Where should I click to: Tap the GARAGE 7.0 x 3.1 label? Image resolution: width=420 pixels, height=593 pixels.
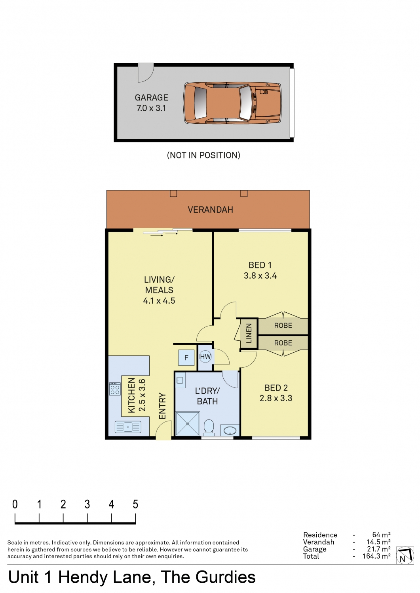[151, 103]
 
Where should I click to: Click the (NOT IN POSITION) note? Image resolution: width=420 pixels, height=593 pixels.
[203, 155]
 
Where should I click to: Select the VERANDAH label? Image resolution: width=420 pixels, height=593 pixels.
[210, 210]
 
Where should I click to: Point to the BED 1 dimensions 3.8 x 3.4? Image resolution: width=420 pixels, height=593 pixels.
[260, 276]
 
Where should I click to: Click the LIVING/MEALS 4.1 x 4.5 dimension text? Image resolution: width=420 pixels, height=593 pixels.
[159, 301]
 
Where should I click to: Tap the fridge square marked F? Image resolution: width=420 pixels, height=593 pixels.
[186, 358]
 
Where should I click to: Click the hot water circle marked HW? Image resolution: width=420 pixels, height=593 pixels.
[205, 357]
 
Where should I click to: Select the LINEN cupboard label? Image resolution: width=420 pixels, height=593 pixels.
[249, 333]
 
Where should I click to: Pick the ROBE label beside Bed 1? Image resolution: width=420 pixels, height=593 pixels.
[283, 325]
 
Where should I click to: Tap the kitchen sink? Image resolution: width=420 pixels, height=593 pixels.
[128, 427]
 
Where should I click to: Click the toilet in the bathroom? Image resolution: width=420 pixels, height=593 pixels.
[209, 427]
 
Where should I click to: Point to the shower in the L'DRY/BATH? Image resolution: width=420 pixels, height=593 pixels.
[188, 423]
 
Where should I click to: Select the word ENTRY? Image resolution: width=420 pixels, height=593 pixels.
[162, 406]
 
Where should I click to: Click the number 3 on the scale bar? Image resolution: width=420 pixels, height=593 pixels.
[87, 504]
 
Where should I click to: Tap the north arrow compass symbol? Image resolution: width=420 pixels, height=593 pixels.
[405, 555]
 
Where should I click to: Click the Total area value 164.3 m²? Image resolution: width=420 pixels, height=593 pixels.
[376, 556]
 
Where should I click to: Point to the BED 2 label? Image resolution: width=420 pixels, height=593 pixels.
[276, 388]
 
